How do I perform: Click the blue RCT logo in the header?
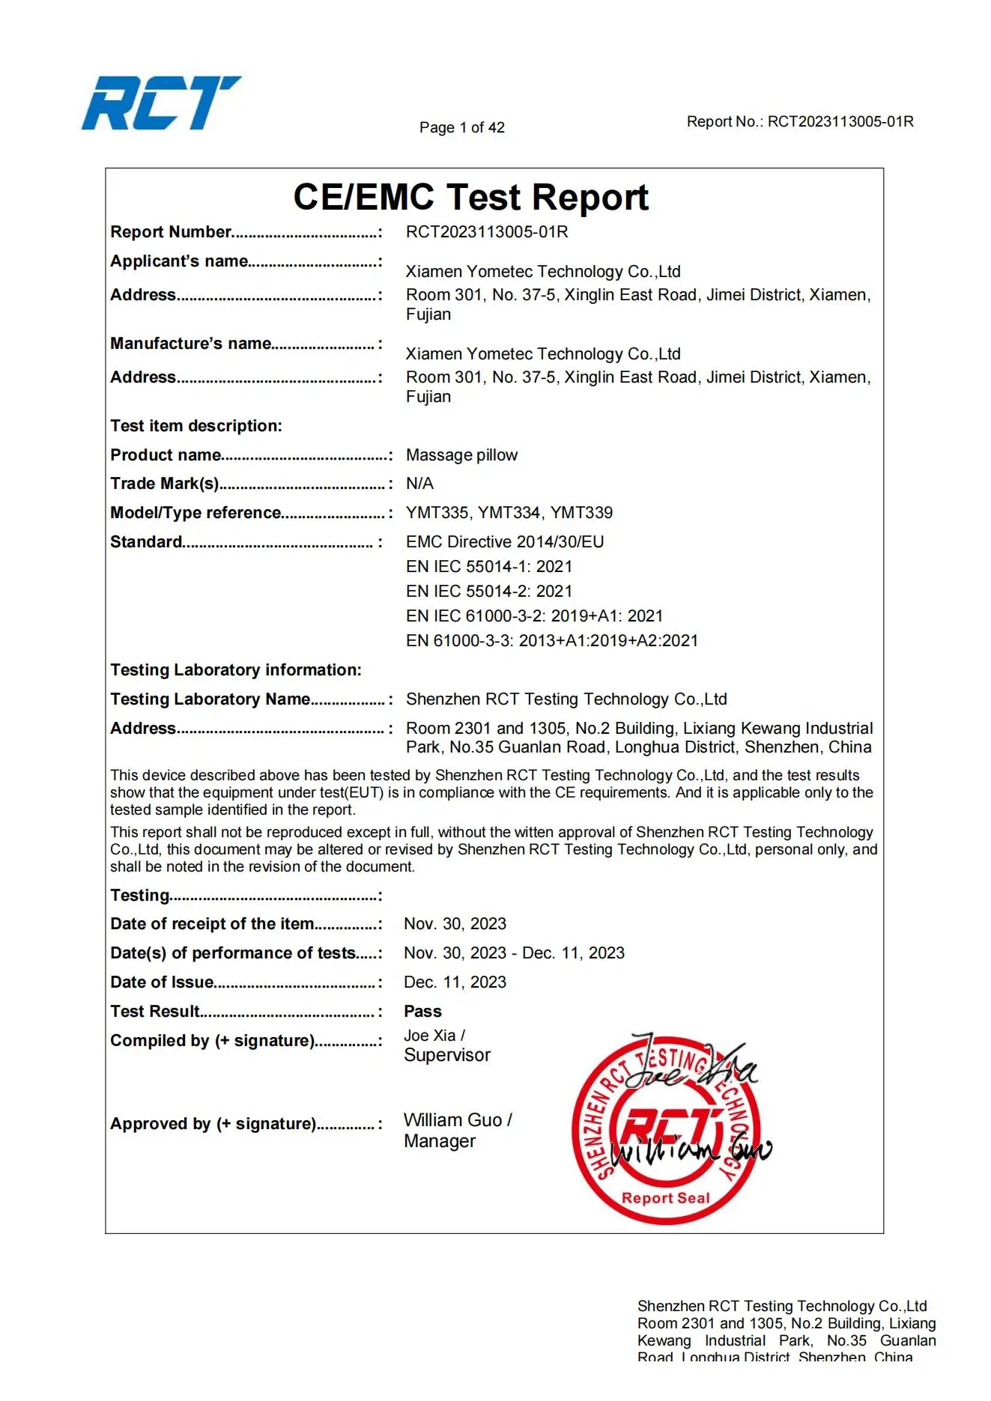(160, 103)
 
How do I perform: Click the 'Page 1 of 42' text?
(461, 127)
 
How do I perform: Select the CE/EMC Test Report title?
(470, 198)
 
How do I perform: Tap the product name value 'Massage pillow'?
(461, 455)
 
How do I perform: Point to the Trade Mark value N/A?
(419, 484)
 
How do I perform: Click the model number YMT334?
(509, 513)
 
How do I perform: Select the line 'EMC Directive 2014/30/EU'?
(504, 542)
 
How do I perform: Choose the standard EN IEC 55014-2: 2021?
(488, 592)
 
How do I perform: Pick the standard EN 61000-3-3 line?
(551, 641)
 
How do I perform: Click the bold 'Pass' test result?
(422, 1012)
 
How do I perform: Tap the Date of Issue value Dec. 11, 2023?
(455, 982)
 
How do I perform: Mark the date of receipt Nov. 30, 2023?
(455, 924)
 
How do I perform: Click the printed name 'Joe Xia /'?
(434, 1036)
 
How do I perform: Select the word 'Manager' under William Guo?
(439, 1141)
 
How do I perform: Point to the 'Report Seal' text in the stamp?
(665, 1198)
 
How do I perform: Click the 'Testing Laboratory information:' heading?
(235, 670)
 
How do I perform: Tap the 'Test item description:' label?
(196, 426)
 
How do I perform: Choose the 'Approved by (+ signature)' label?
(213, 1124)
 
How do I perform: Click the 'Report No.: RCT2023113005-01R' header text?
(799, 122)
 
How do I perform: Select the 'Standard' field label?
(146, 542)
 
